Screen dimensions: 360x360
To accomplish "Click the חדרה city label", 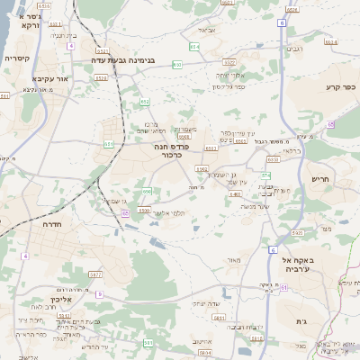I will [x=52, y=223].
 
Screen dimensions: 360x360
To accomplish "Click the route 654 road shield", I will [x=194, y=46].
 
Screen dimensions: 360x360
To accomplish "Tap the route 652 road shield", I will [x=144, y=102].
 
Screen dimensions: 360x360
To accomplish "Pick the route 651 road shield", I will [x=109, y=143].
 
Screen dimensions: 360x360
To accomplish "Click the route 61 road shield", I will [x=283, y=288].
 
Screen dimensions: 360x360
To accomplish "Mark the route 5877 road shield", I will [x=95, y=274].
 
